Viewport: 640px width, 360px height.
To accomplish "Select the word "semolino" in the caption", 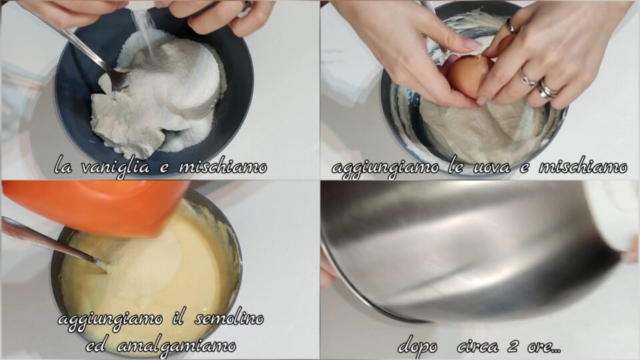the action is coord(229,319).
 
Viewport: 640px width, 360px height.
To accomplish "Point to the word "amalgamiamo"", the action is coord(176,347).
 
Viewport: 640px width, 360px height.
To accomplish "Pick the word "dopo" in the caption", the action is coord(417,347).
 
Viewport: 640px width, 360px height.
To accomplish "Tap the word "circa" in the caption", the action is coord(477,347).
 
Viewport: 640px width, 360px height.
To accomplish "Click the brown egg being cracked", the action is coord(468,75).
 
